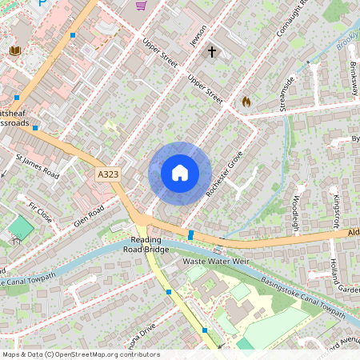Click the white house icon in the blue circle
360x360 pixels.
[x=180, y=173]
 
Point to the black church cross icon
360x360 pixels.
[x=212, y=53]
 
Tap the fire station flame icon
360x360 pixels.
[x=246, y=102]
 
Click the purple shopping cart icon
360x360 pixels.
[x=141, y=6]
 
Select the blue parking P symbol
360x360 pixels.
[x=42, y=4]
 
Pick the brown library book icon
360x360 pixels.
[x=14, y=52]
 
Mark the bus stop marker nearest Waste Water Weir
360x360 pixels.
[x=191, y=234]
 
